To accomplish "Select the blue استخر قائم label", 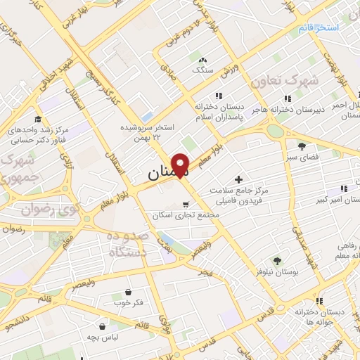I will (318, 27).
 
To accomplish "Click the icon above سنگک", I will (203, 60).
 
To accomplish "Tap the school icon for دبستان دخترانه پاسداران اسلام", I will (219, 96).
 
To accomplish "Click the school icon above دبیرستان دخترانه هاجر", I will (287, 98).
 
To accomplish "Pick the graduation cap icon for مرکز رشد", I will (37, 120).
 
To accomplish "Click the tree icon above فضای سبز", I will (302, 146).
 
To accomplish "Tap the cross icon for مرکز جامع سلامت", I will (238, 180).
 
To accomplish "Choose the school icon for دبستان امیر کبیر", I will (343, 188).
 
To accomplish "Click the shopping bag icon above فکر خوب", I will (128, 292).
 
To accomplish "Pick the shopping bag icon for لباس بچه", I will (103, 326).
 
